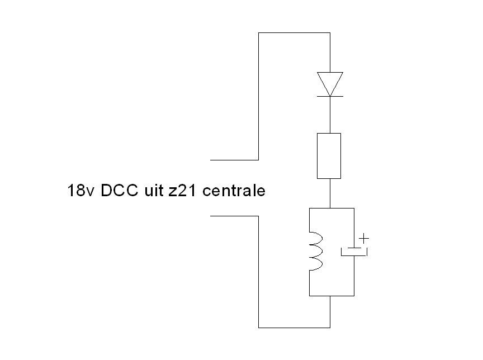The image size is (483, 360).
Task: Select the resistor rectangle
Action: pos(329,156)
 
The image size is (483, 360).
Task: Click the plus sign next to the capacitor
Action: pos(364,239)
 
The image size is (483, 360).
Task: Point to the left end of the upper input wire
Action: pos(211,159)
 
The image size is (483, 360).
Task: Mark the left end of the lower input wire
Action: pos(211,215)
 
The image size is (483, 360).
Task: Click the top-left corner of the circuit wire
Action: pos(259,33)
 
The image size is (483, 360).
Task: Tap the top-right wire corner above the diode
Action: pos(330,33)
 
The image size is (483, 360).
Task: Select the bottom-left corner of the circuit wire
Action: pos(259,327)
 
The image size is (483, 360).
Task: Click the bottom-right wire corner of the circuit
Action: pos(330,327)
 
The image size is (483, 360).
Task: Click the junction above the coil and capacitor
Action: pos(330,209)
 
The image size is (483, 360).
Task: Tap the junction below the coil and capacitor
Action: pos(330,295)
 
